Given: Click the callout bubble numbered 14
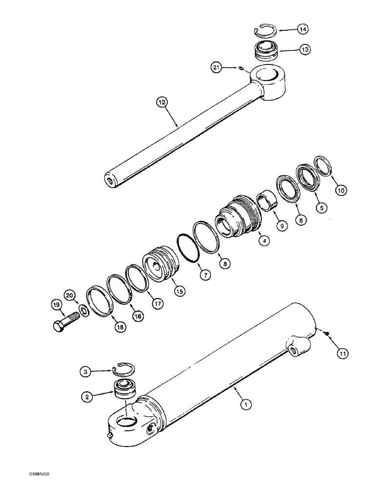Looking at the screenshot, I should click(x=303, y=30).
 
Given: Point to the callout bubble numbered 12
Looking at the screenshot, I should click(x=162, y=102).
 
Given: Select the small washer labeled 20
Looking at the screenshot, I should click(x=84, y=310).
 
